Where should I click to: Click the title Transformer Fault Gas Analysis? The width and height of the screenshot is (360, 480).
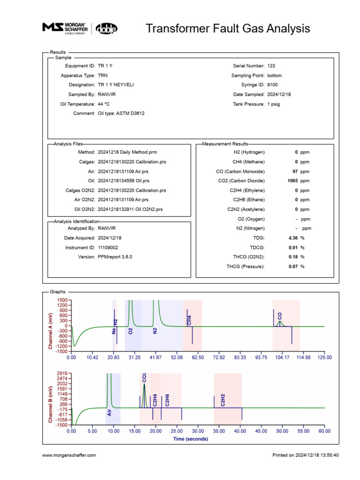[228, 28]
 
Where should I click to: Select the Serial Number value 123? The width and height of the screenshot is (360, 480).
[271, 66]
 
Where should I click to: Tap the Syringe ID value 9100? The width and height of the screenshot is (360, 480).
[272, 85]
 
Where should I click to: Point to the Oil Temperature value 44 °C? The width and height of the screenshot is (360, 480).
[104, 104]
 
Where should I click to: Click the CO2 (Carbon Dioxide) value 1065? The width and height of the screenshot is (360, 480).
[292, 181]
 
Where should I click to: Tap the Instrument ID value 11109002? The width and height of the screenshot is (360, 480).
[108, 247]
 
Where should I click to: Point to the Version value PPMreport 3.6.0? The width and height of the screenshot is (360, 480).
[115, 257]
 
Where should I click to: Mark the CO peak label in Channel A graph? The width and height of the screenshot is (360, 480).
[280, 316]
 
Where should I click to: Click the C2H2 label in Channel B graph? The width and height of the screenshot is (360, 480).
[223, 400]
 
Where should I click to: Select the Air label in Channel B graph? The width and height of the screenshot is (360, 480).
[109, 412]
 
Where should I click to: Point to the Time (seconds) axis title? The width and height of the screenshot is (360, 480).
[191, 439]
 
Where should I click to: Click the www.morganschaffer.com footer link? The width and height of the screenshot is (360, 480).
[69, 455]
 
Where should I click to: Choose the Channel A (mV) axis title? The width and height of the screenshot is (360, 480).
[50, 325]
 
